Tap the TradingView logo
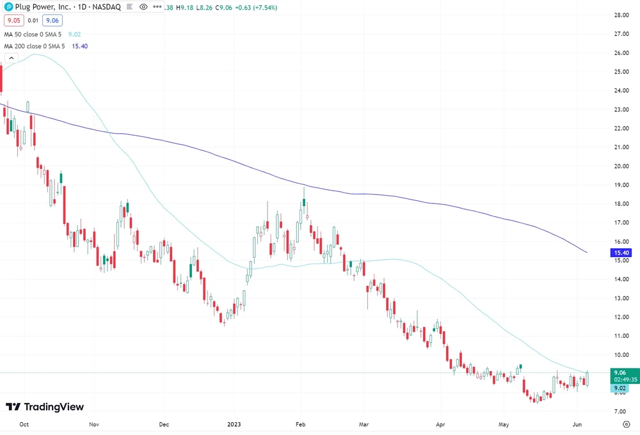click(45, 407)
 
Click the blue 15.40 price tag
click(618, 253)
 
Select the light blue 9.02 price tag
click(619, 388)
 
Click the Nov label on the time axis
click(94, 423)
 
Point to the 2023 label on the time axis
click(234, 423)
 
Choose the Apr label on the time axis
click(440, 423)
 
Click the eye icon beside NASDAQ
click(143, 6)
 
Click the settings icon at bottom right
click(625, 423)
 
